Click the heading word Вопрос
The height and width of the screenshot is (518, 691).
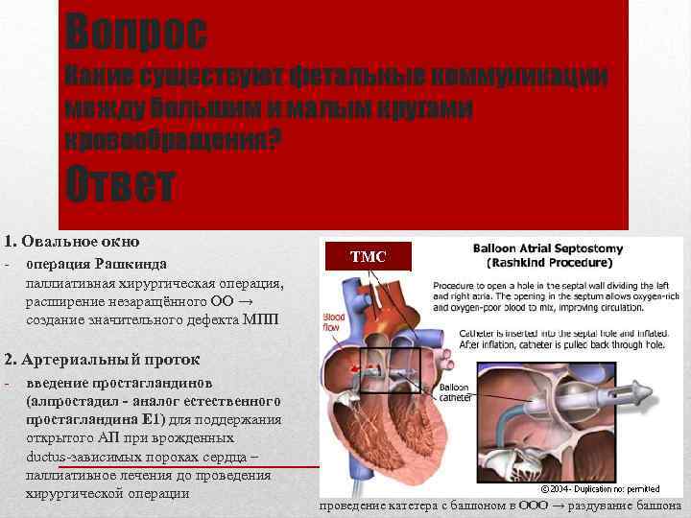point(135,34)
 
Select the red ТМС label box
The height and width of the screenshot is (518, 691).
point(368,256)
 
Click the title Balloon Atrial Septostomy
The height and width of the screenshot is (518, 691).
point(548,247)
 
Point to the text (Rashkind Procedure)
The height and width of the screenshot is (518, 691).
point(549,262)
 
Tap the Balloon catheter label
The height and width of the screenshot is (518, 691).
point(453,393)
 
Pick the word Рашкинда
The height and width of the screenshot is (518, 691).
point(135,264)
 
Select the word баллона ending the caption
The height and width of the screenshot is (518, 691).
point(656,506)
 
